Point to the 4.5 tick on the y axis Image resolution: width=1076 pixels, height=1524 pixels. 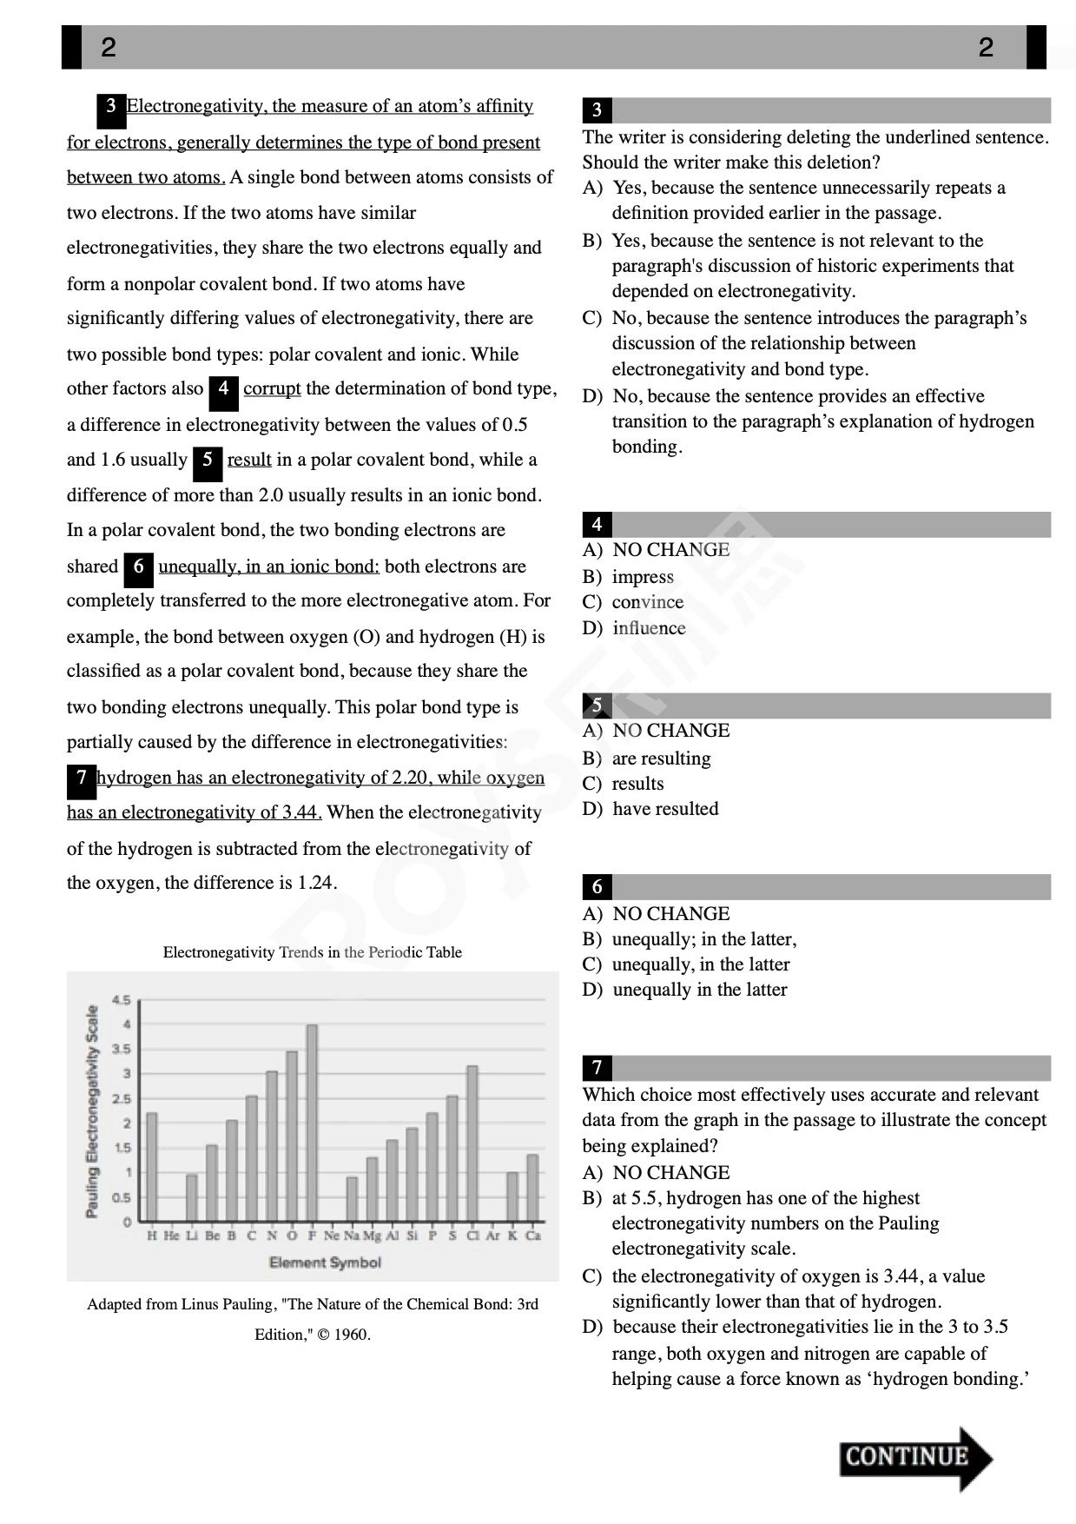pyautogui.click(x=122, y=1000)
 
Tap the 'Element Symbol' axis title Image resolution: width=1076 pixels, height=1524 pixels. pyautogui.click(x=325, y=1262)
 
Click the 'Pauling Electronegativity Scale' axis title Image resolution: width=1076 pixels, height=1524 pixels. pyautogui.click(x=92, y=1111)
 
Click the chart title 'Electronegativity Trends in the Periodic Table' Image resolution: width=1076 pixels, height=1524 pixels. pyautogui.click(x=312, y=952)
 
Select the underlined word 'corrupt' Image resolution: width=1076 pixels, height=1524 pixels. pyautogui.click(x=272, y=388)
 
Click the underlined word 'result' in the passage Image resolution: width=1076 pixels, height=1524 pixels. pyautogui.click(x=249, y=460)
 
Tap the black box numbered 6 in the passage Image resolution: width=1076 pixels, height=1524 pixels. pyautogui.click(x=138, y=567)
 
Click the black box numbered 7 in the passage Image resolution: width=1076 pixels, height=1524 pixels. pyautogui.click(x=81, y=778)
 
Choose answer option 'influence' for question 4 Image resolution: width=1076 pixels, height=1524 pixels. pyautogui.click(x=648, y=628)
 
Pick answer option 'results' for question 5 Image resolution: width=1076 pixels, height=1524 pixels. pyautogui.click(x=637, y=784)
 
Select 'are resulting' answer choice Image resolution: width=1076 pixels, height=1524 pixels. pyautogui.click(x=660, y=759)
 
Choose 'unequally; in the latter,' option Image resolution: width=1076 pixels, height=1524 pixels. pyautogui.click(x=703, y=939)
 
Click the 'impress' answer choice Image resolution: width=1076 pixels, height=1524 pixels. pyautogui.click(x=643, y=577)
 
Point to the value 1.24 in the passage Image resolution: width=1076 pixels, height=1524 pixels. pyautogui.click(x=315, y=883)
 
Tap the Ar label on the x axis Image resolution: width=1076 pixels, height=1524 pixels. pyautogui.click(x=492, y=1236)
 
